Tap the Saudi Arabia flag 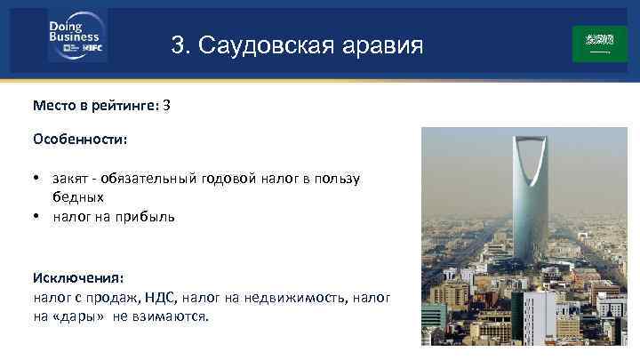[x=599, y=43]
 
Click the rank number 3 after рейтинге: [x=167, y=105]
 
